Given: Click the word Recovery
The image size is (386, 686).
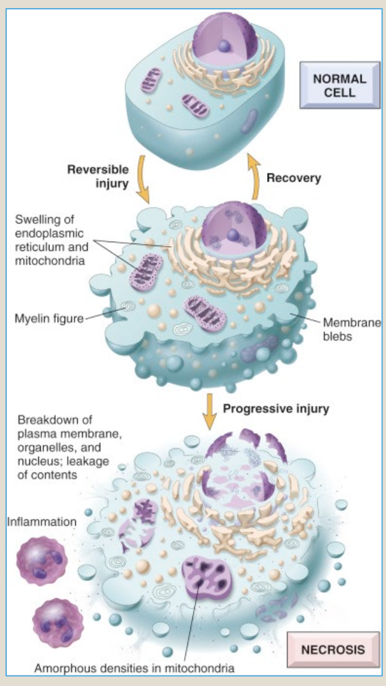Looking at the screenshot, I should click(x=293, y=178).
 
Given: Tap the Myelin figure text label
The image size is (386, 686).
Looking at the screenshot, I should click(x=48, y=319).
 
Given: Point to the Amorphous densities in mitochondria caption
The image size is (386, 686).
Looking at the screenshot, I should click(x=134, y=668).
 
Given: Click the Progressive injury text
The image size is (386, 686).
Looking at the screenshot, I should click(x=276, y=409).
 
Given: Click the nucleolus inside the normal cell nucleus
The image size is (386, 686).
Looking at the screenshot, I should click(x=224, y=46).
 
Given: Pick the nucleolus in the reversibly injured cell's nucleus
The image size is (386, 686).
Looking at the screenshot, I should click(x=232, y=235).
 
